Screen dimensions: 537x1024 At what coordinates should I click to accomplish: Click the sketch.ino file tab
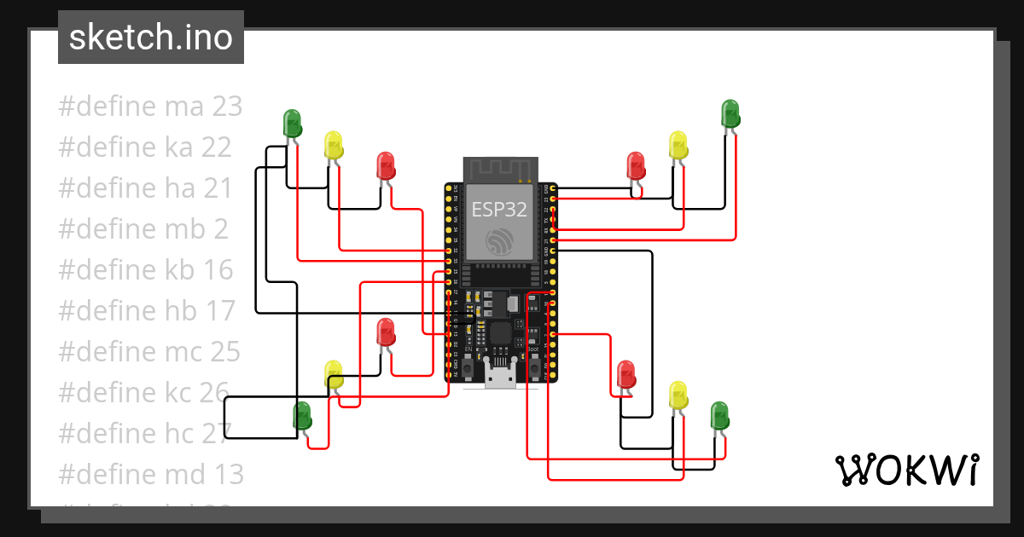click(151, 38)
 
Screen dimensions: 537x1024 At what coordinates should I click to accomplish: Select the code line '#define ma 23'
click(150, 107)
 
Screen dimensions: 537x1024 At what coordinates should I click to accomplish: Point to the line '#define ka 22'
click(145, 147)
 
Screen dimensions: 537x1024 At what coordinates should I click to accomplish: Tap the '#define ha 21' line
click(145, 188)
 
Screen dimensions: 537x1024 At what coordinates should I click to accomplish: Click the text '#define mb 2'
click(143, 229)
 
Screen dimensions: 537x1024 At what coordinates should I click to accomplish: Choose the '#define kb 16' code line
click(145, 270)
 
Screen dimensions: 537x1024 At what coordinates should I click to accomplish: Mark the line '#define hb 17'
click(146, 311)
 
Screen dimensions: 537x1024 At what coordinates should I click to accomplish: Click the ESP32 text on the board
click(499, 210)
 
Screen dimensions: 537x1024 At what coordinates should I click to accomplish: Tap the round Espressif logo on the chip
click(499, 241)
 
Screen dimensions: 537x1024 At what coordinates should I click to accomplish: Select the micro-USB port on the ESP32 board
click(500, 375)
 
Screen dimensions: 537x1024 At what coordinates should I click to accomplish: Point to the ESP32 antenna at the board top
click(500, 170)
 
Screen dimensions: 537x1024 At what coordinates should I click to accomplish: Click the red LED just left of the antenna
click(386, 165)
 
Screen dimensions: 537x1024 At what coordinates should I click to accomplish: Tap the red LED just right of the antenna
click(636, 165)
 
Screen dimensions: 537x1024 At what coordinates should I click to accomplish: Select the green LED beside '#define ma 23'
click(292, 124)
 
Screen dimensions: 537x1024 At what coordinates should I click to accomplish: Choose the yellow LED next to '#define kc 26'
click(333, 374)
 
